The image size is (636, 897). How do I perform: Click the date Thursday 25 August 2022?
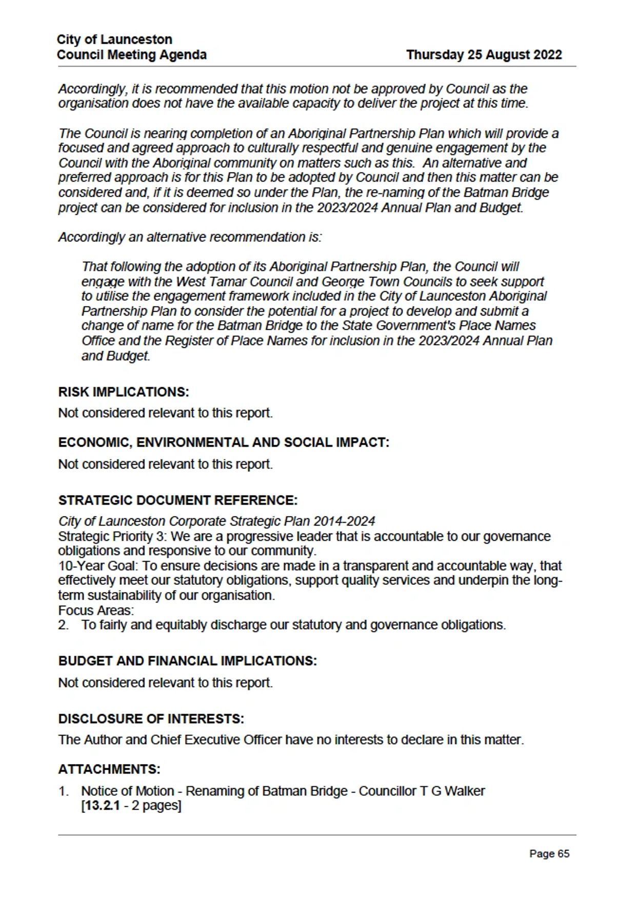pos(484,55)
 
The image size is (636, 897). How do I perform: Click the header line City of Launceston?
pos(114,40)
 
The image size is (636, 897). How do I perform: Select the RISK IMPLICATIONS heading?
pos(124,392)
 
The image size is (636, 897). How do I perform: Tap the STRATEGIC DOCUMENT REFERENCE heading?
pos(177,501)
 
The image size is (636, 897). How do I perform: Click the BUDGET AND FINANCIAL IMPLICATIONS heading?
pos(187,661)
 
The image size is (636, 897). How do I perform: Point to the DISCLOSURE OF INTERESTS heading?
pos(151,719)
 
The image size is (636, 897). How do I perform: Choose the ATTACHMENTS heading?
pos(109,769)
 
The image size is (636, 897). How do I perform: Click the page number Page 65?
pos(549,854)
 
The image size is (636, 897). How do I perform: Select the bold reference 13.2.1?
pos(102,806)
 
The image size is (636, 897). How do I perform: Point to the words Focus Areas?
pos(96,610)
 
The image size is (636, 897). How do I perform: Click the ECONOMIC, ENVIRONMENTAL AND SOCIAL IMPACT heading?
pos(224,443)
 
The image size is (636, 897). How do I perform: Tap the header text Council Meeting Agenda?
pos(132,55)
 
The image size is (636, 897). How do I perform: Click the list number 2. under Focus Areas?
pos(63,625)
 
